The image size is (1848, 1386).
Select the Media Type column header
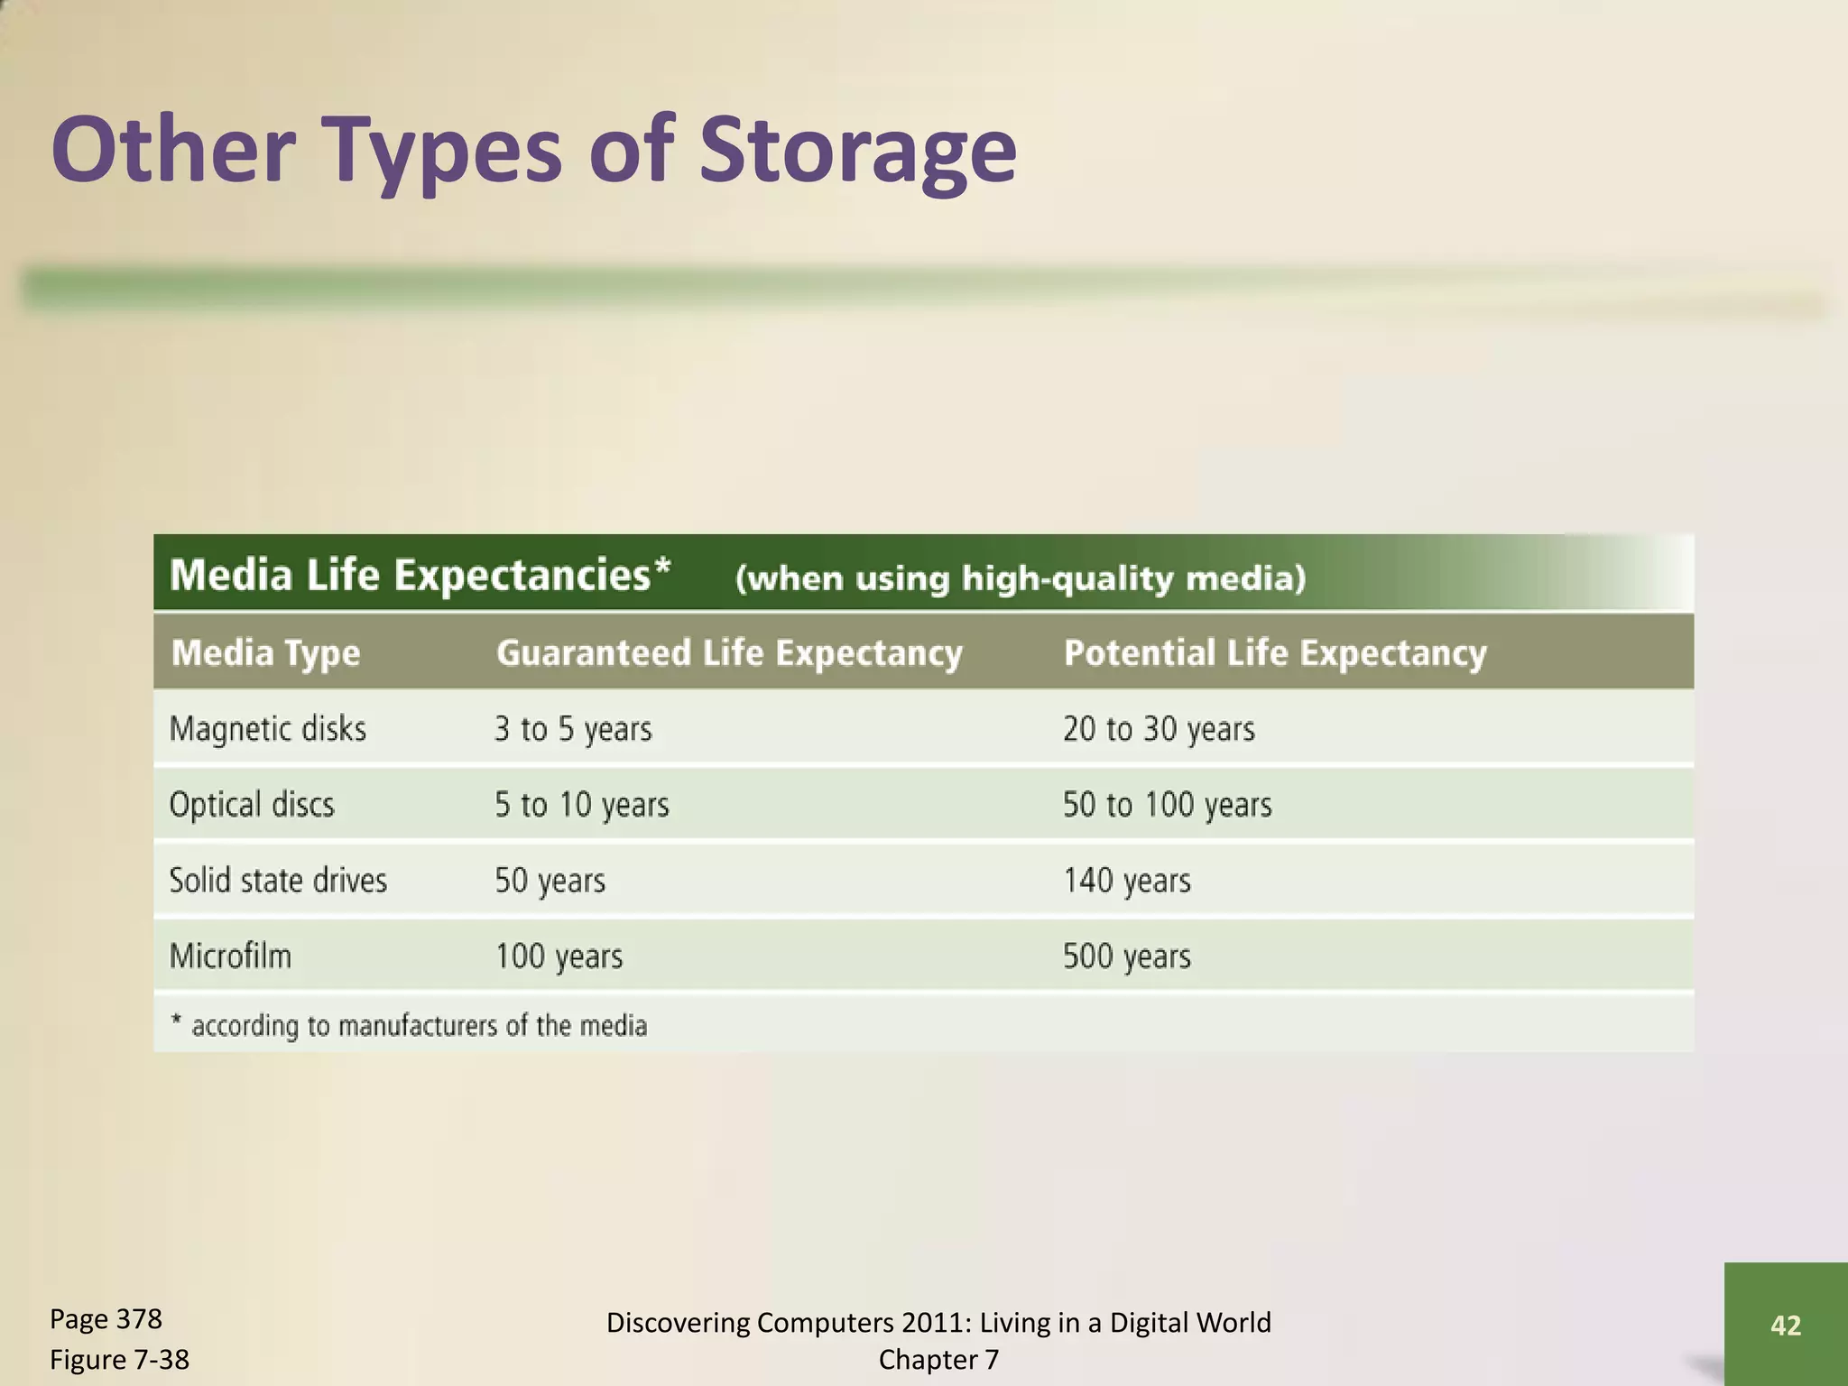pos(265,652)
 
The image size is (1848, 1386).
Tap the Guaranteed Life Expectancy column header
pos(729,652)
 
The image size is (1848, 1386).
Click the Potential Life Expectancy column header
pos(1274,652)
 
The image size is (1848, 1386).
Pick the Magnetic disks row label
pos(267,728)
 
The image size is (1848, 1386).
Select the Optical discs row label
pos(251,804)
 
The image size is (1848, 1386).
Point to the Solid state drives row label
pos(277,880)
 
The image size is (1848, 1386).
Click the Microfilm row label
pos(230,956)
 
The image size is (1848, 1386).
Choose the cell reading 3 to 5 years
pos(572,728)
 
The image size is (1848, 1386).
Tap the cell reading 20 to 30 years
pos(1158,728)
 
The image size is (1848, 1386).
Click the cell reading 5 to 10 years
pos(581,804)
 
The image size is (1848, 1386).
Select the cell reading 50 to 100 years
pos(1166,804)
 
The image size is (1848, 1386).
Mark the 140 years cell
pos(1126,880)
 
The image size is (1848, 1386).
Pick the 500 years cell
pos(1126,956)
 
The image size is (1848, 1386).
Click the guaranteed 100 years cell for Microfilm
pos(558,956)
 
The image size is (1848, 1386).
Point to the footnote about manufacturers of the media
pos(410,1026)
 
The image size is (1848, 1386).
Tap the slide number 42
pos(1785,1325)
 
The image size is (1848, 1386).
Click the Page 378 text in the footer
pos(106,1319)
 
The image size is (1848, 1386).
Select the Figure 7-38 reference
pos(119,1359)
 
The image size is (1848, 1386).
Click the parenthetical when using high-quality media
pos(1020,577)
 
